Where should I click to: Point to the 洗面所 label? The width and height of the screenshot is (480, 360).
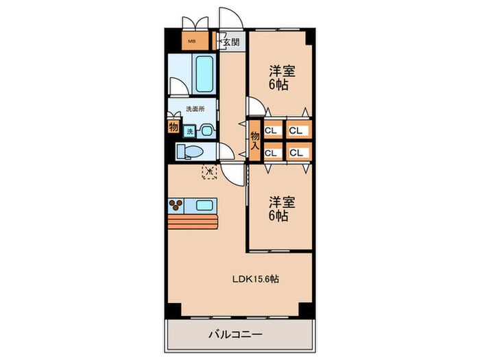click(x=194, y=109)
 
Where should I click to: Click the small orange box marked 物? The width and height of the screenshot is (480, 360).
click(x=173, y=127)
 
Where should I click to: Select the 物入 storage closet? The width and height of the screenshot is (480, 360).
click(x=254, y=140)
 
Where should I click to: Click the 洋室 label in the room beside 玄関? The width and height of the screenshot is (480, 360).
click(x=278, y=77)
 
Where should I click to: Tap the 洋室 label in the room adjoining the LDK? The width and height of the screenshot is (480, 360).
click(x=278, y=208)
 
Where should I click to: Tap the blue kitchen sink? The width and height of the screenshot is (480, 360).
click(x=204, y=204)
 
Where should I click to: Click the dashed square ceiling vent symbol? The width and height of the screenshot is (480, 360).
click(x=208, y=171)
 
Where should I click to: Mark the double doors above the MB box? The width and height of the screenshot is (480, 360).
click(x=192, y=21)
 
